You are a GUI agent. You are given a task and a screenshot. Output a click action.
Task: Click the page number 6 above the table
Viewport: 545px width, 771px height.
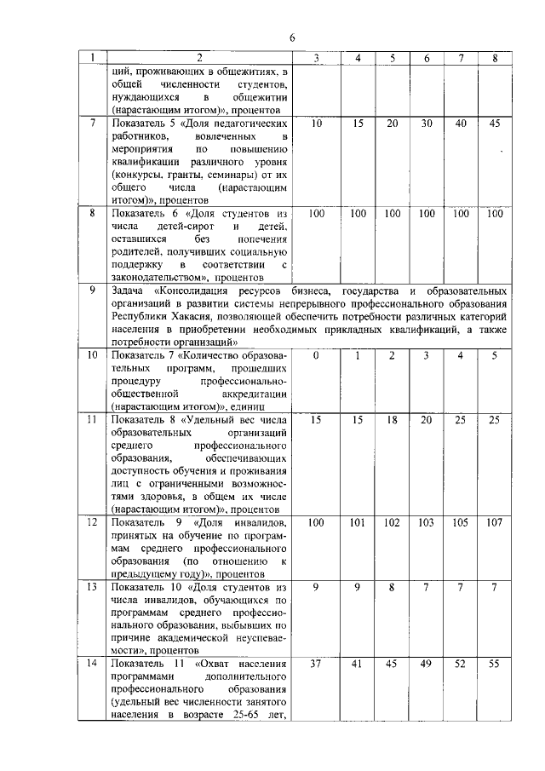coord(291,37)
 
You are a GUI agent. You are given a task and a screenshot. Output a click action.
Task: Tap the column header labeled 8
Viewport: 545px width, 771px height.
coord(495,58)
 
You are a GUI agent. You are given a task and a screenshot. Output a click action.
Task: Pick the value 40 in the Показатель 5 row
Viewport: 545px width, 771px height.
coord(461,124)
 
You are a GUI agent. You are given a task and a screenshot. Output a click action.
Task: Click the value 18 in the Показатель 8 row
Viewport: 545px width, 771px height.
coord(392,420)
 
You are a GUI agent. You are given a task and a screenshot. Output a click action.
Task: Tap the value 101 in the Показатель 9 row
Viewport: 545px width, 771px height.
coord(359,522)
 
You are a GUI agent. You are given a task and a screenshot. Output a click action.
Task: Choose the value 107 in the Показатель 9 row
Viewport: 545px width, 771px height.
coord(495,522)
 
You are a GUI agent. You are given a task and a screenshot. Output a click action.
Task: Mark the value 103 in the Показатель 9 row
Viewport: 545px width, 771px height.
coord(426,522)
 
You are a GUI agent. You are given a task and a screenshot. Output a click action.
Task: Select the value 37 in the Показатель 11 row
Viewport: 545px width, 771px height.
coord(316,663)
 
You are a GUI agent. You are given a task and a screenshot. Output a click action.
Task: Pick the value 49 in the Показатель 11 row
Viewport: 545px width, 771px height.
coord(426,663)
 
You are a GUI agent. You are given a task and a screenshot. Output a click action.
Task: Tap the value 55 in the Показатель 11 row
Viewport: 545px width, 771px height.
coord(495,663)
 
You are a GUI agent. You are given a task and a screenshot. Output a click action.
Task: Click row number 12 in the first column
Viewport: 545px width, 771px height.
coord(92,522)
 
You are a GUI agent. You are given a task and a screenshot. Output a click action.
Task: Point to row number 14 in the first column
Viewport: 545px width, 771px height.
coord(92,663)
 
